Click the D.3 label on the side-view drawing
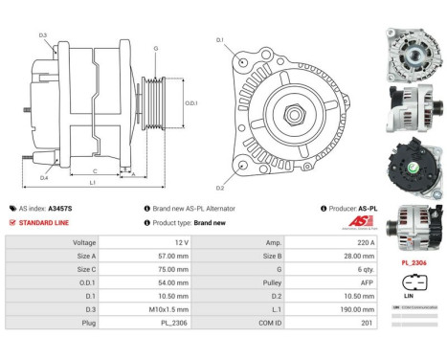[x=43, y=35]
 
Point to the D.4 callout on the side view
[x=44, y=178]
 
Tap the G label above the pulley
[x=154, y=48]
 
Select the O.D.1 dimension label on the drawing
[x=190, y=103]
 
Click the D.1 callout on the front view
[x=219, y=40]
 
